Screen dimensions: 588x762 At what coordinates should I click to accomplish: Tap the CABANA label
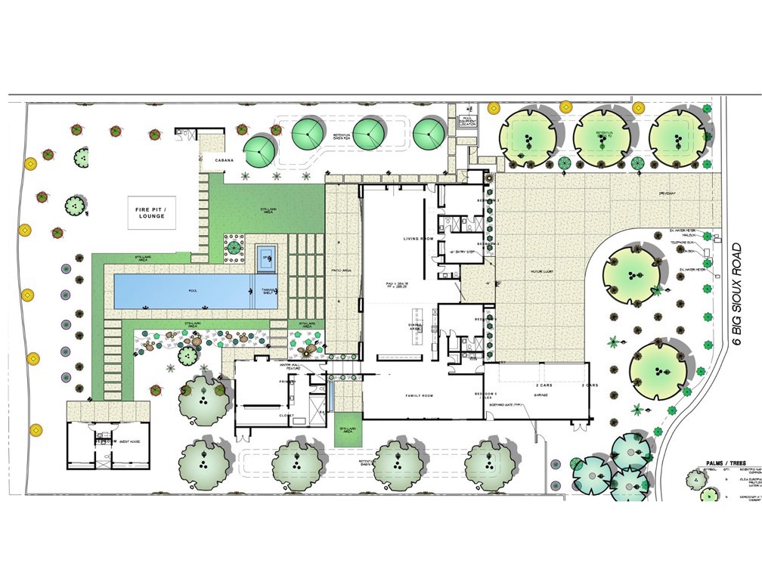pyautogui.click(x=223, y=161)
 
